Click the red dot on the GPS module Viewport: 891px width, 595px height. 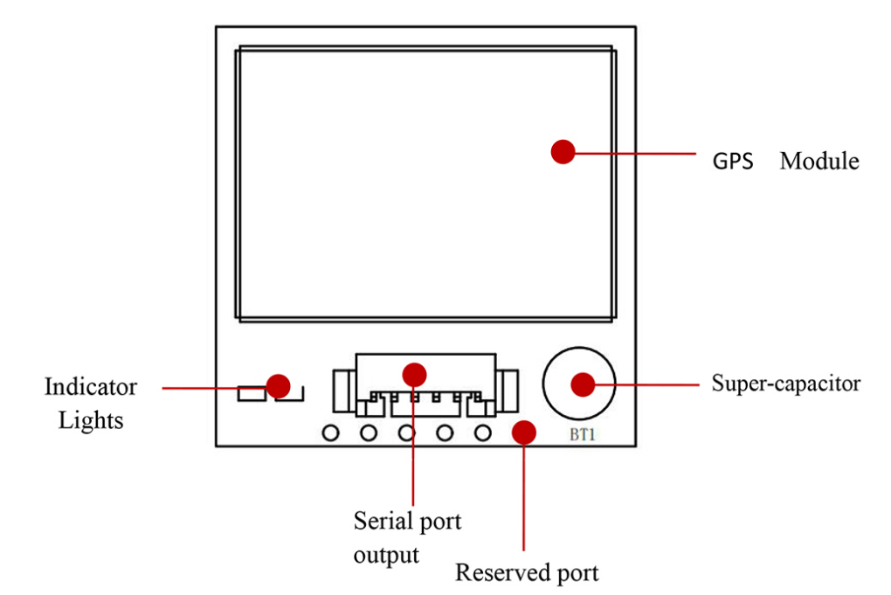click(x=563, y=152)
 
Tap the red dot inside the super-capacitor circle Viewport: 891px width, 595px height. click(x=582, y=384)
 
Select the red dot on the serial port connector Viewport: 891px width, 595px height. click(x=414, y=374)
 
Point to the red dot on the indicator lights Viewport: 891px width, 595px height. click(x=279, y=384)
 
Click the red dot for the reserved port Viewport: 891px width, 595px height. click(x=523, y=431)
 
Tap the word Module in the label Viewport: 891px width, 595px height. click(x=819, y=162)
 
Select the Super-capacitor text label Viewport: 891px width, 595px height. click(x=785, y=384)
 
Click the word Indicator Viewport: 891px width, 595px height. click(x=91, y=386)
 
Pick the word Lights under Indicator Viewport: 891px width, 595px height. click(x=91, y=420)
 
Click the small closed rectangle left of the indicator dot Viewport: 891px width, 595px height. click(x=250, y=394)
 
